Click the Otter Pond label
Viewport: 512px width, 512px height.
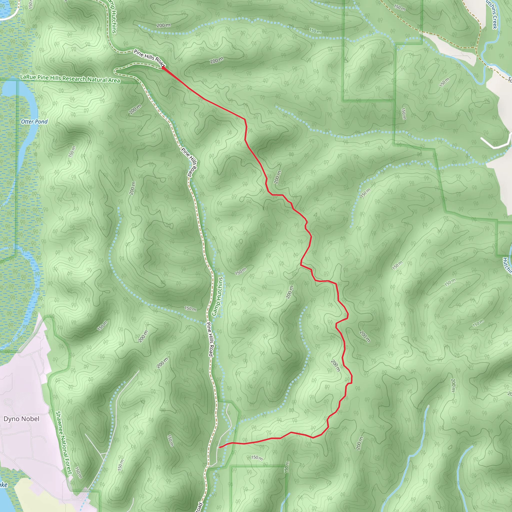point(34,122)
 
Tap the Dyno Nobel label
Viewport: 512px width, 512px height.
point(21,419)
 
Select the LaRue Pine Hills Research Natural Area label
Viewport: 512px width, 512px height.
point(70,78)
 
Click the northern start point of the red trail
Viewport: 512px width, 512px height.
point(162,67)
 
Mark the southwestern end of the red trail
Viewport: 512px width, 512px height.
point(219,447)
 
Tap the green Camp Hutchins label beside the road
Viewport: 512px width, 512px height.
point(218,296)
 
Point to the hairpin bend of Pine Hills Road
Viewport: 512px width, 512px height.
point(115,71)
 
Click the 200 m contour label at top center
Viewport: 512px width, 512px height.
point(163,25)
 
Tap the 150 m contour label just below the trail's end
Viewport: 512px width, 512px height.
point(256,457)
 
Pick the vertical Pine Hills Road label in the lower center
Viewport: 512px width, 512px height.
point(210,339)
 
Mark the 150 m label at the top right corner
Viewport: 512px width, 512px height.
point(399,7)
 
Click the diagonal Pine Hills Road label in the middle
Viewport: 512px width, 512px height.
point(189,162)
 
